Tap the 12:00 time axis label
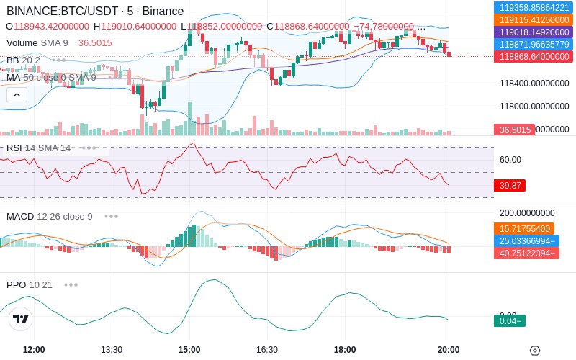coord(34,350)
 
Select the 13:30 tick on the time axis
coord(112,350)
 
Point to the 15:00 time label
coord(189,350)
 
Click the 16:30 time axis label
coord(267,350)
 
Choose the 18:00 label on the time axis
coord(345,350)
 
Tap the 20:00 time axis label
coord(449,350)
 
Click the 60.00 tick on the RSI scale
coord(510,160)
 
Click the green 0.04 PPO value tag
coord(509,320)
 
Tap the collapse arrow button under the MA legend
coord(17,94)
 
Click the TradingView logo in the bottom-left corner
coord(21,319)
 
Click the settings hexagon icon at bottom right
coord(535,351)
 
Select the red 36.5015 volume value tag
coord(515,130)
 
